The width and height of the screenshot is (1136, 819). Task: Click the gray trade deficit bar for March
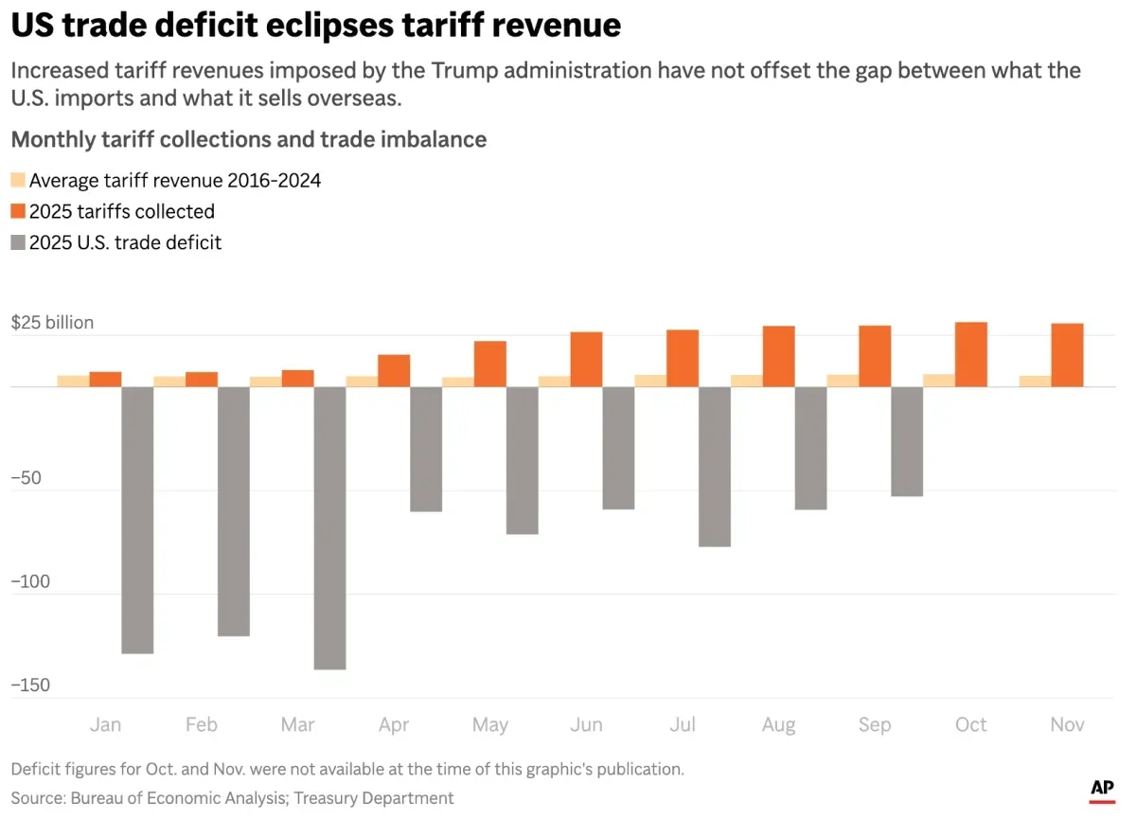329,527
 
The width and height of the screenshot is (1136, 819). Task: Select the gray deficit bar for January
137,520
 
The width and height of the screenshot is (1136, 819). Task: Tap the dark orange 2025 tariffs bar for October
971,355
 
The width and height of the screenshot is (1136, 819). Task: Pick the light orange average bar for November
1035,381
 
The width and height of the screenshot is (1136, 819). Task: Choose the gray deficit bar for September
906,441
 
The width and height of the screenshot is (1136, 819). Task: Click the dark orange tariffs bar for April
394,370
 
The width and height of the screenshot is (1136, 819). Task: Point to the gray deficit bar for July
714,467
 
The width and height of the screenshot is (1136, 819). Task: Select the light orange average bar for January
73,381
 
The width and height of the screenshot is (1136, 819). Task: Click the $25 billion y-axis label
52,323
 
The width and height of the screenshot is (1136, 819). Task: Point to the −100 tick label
31,581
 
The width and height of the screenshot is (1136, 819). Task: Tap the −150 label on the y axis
31,685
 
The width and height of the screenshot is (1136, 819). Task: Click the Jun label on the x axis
586,724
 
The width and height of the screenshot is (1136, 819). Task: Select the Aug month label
778,724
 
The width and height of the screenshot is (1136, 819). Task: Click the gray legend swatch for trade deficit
18,243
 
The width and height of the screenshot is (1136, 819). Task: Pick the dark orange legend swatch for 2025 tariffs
18,211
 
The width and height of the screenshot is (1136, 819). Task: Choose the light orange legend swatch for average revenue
18,180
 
